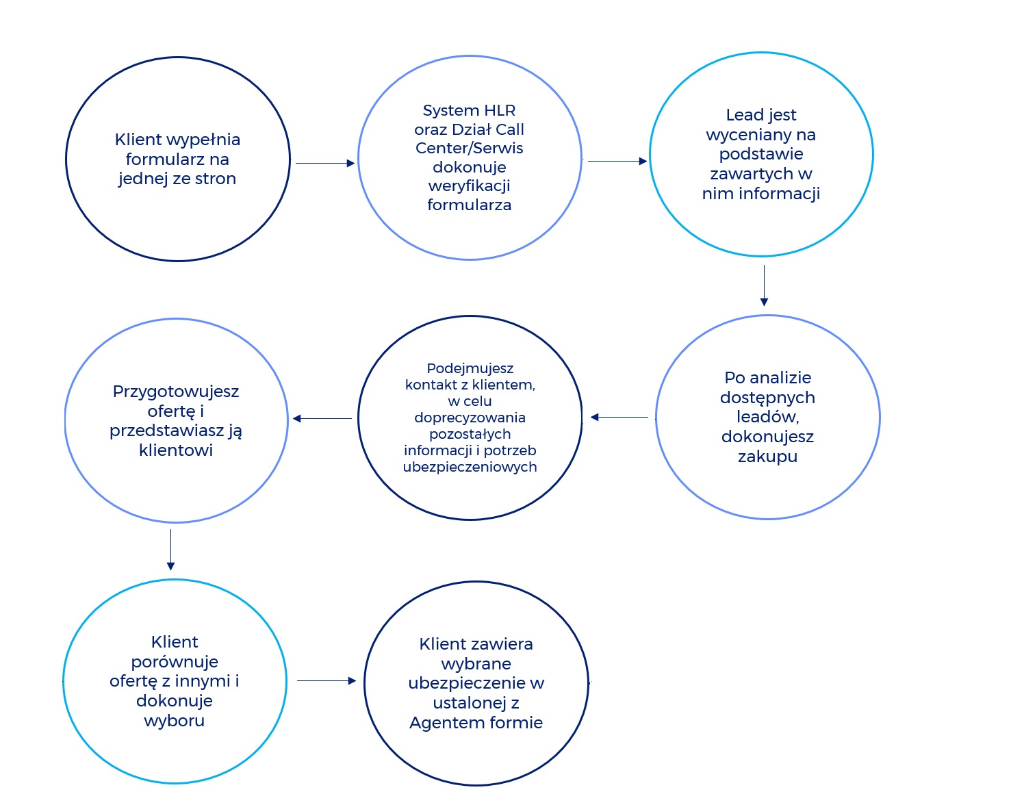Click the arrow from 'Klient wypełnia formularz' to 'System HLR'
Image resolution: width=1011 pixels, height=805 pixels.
tap(324, 163)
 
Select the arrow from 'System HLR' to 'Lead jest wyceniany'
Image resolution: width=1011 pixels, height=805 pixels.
tap(617, 161)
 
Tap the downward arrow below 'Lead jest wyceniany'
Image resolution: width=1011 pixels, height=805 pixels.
tap(764, 285)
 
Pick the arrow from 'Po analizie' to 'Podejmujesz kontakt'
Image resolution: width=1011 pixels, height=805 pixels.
tap(619, 417)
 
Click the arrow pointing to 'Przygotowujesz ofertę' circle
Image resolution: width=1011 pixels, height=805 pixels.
tap(322, 418)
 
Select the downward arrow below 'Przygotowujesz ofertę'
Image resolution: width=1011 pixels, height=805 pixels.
tap(170, 550)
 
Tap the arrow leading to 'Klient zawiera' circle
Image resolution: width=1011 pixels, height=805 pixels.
tap(327, 680)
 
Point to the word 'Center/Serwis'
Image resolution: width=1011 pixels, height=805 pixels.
tap(470, 148)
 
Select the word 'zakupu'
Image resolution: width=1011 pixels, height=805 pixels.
tap(767, 457)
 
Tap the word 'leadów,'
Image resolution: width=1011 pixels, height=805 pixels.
tap(767, 417)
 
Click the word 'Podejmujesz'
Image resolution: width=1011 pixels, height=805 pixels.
tap(470, 368)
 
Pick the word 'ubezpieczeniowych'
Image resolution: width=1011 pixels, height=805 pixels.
tap(470, 467)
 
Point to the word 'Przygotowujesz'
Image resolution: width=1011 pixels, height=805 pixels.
tap(176, 392)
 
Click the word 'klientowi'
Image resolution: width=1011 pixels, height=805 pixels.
tap(176, 450)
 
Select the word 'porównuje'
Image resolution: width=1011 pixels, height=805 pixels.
tap(175, 662)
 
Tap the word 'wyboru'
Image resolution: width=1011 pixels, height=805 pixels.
tap(175, 720)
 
